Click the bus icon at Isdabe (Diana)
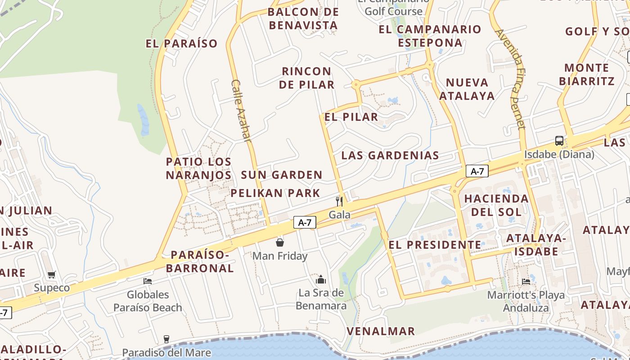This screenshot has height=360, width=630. tap(559, 141)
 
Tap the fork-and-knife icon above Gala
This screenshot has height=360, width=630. tap(339, 201)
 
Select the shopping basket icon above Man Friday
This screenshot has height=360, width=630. tap(280, 243)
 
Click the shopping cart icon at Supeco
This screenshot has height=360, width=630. tap(52, 274)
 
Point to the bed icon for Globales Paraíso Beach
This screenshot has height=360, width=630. tap(148, 281)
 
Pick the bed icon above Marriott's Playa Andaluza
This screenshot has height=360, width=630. tap(526, 282)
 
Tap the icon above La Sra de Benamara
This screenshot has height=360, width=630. tap(321, 279)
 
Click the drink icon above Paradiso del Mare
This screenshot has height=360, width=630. tap(166, 339)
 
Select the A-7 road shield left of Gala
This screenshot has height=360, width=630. tap(305, 222)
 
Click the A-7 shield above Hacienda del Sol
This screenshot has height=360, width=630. tap(477, 171)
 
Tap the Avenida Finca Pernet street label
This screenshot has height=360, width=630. tap(511, 79)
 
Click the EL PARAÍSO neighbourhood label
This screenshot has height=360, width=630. tap(181, 44)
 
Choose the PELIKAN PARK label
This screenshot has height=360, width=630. tap(275, 193)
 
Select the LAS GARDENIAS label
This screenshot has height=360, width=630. tap(390, 156)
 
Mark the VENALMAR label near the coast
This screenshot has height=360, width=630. tap(381, 332)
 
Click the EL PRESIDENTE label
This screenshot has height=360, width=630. tap(434, 245)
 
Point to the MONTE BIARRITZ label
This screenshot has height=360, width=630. tap(586, 74)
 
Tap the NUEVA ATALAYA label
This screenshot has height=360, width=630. tap(467, 89)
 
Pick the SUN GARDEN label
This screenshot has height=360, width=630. tap(282, 175)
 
